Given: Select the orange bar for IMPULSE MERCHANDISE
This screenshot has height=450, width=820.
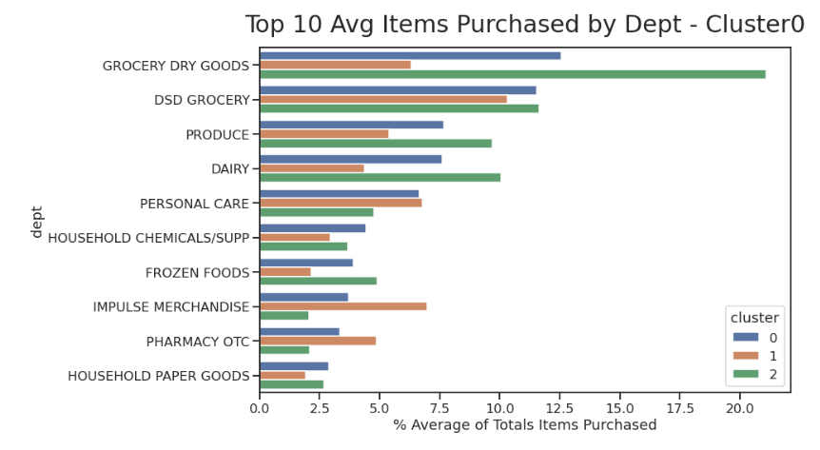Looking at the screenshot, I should pos(342,306).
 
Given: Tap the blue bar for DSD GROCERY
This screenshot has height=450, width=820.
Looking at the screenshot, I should pos(398,90).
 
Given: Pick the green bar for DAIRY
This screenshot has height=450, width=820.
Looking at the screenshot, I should pos(380,177).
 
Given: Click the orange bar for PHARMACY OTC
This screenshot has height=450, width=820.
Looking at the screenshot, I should pos(317,341).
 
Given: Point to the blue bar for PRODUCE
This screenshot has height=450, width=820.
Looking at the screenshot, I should pos(351,125).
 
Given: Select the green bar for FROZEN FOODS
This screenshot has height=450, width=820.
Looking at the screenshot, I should pos(318,281).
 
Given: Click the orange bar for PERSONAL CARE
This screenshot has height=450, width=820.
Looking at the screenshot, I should pos(341,203).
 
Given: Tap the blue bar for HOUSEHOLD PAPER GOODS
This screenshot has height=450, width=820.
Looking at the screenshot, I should pos(293,366).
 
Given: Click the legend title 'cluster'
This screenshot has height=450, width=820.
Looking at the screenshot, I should pos(754,318).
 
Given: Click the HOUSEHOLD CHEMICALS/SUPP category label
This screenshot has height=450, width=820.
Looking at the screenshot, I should pos(148,238).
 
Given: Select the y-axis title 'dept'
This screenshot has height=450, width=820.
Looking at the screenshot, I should pos(37,221).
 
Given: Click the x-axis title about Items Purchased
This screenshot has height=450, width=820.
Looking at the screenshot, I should pos(524,425).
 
